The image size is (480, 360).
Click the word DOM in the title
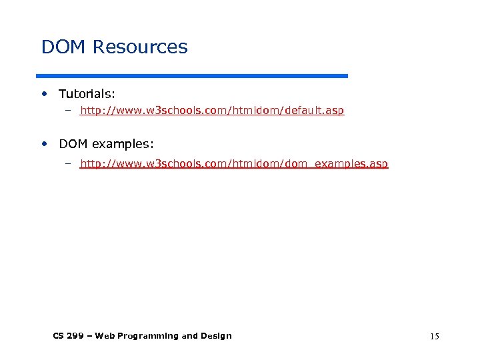click(x=64, y=47)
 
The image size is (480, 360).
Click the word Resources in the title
click(x=141, y=47)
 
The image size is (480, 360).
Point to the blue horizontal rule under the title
click(x=193, y=76)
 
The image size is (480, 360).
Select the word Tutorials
click(x=87, y=95)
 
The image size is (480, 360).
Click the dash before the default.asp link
click(x=67, y=111)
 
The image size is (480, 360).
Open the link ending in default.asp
click(x=212, y=111)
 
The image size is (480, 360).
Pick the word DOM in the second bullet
click(x=73, y=144)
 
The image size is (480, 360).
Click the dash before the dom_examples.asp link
click(x=67, y=164)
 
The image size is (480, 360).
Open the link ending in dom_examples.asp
click(x=233, y=164)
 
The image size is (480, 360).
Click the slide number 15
click(x=435, y=337)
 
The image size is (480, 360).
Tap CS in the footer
click(x=58, y=336)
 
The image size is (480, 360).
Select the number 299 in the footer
click(x=76, y=336)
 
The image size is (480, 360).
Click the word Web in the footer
click(x=104, y=336)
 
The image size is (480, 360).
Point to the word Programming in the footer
click(x=147, y=336)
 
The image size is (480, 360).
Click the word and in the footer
click(x=190, y=336)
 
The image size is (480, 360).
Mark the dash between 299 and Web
click(x=90, y=336)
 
